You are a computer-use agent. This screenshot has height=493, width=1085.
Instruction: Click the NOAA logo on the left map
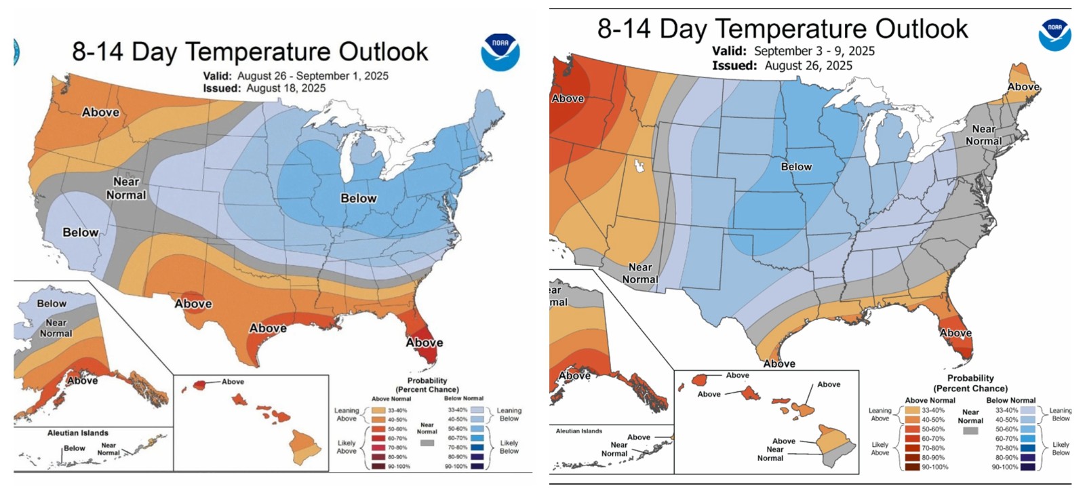(500, 52)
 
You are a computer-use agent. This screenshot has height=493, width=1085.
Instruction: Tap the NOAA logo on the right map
(1054, 34)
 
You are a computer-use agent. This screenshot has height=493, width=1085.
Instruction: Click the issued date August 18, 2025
(285, 88)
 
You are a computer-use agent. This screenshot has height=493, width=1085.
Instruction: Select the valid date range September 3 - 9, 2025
(814, 51)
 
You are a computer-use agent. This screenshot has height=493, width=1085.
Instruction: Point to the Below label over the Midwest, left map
(358, 198)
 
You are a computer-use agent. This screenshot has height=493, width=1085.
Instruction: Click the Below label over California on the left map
(80, 232)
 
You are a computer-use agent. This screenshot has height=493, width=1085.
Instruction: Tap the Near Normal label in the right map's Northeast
(983, 135)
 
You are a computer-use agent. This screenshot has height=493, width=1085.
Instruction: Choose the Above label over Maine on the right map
(1023, 87)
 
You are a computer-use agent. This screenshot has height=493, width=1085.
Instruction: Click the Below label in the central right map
(796, 167)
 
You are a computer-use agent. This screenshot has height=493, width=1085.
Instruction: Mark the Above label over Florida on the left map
(424, 342)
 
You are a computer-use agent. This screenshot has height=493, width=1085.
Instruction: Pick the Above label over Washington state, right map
(568, 98)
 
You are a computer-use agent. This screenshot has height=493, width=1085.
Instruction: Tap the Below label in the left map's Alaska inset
(52, 303)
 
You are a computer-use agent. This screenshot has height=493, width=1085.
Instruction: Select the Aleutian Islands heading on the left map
(77, 433)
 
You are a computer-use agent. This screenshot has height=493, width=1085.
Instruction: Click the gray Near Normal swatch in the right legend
(970, 431)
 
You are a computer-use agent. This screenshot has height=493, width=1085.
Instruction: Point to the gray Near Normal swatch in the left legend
(427, 443)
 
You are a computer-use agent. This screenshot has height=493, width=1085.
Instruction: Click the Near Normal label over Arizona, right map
(639, 273)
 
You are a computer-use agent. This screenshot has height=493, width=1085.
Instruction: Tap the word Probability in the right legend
(970, 378)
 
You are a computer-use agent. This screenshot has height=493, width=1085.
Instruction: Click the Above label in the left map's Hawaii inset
(233, 382)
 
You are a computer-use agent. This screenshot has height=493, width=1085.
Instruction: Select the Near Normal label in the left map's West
(126, 189)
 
